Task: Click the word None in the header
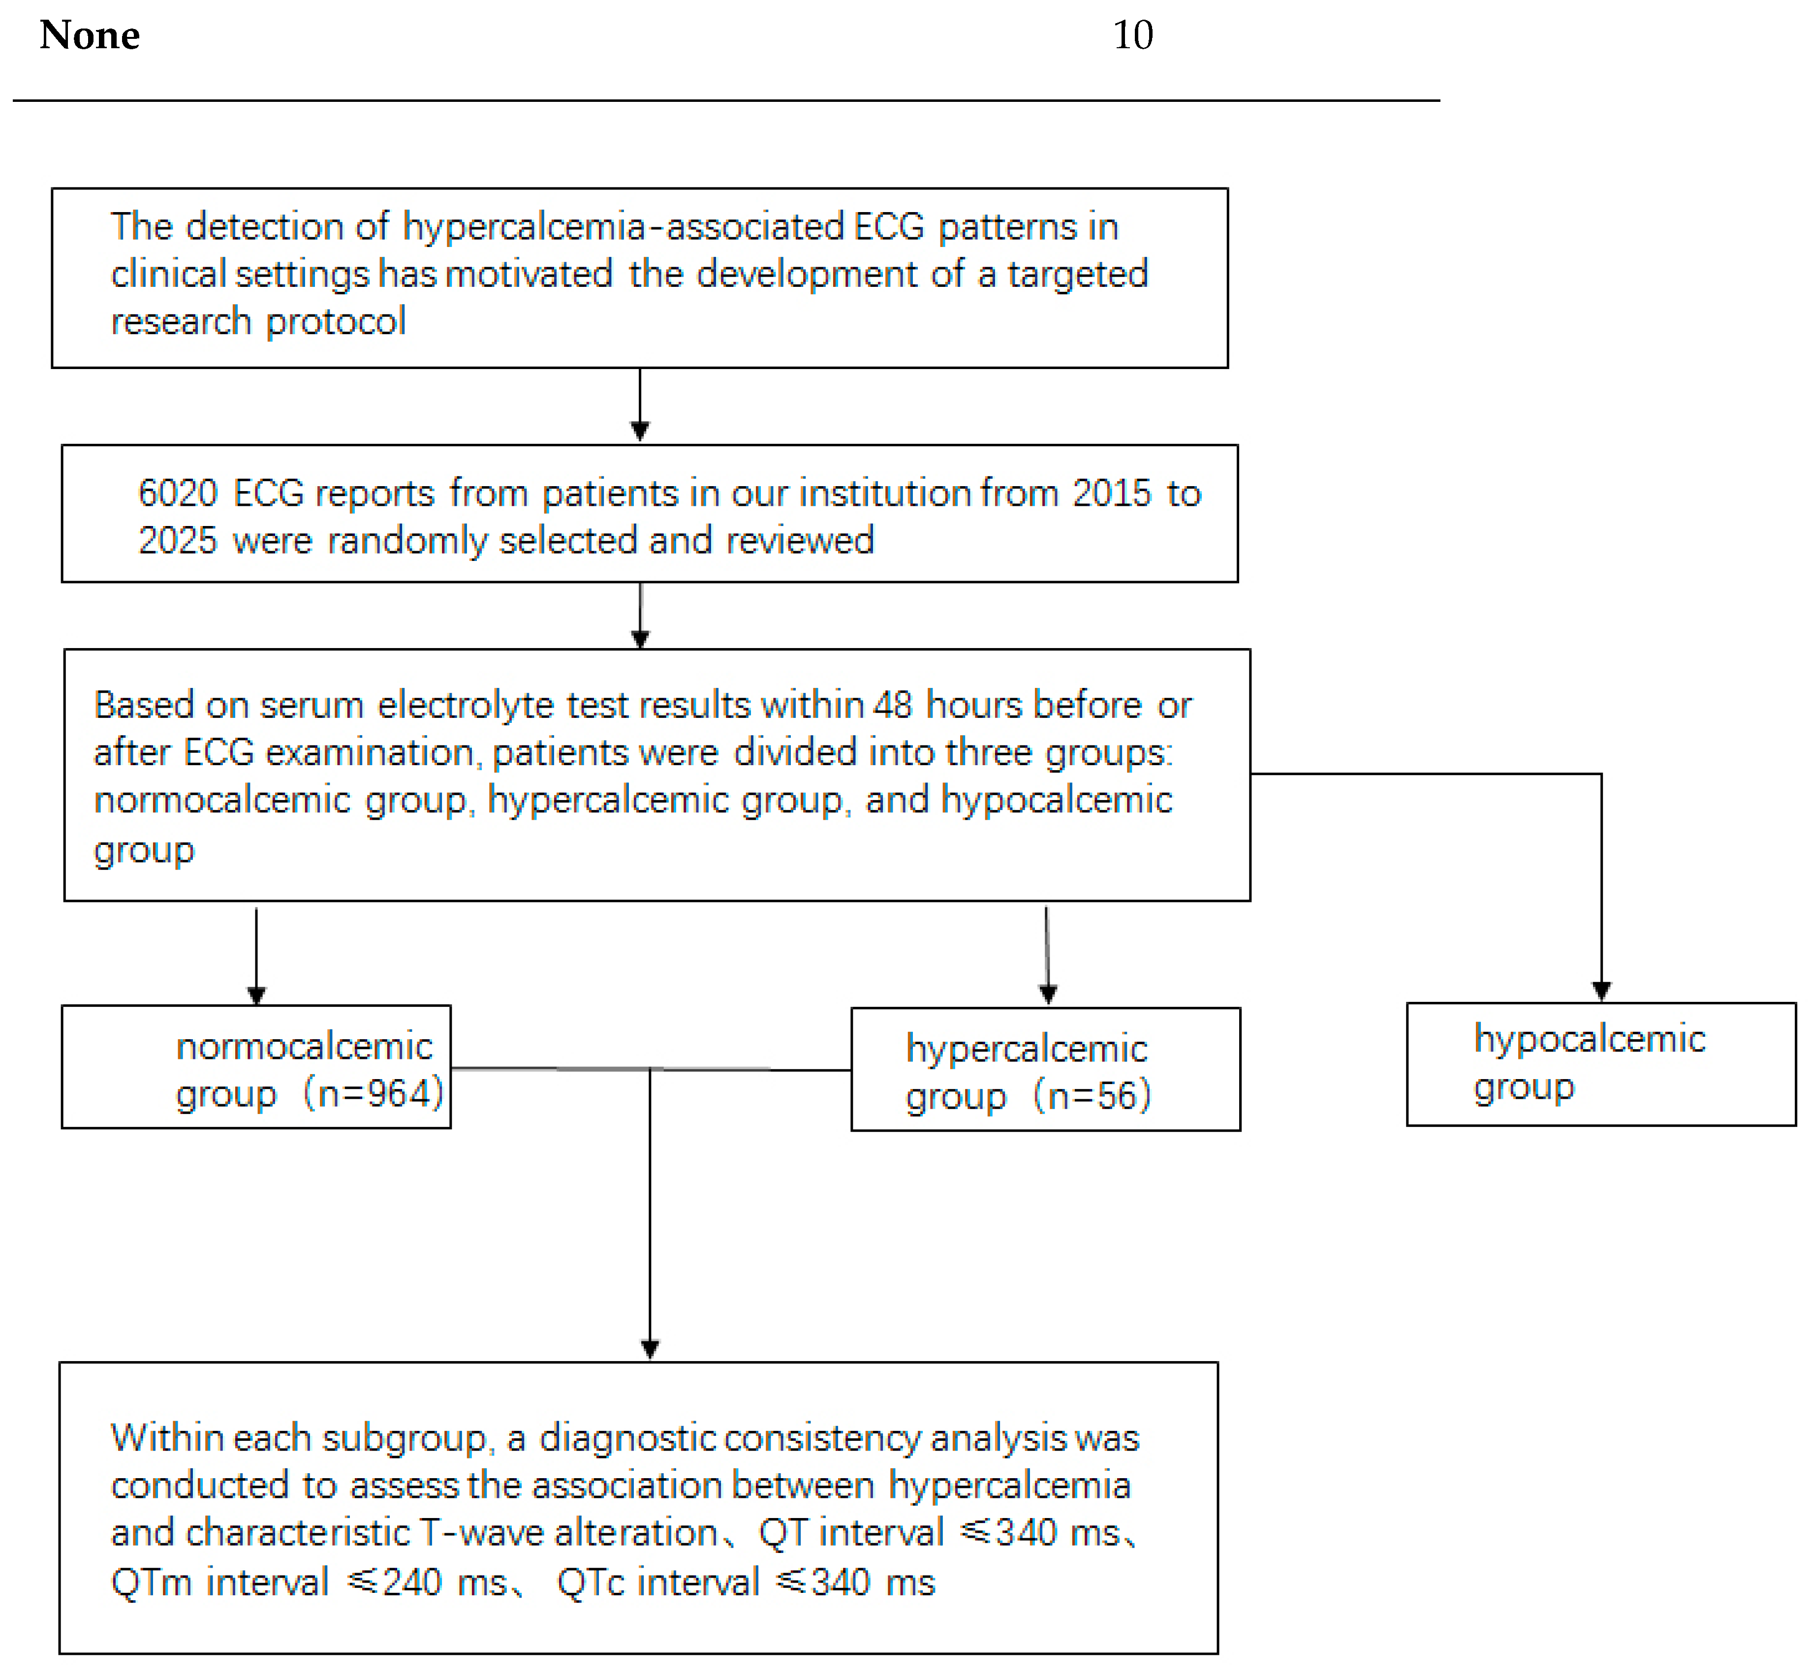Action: (x=90, y=35)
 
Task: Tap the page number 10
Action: (x=1132, y=35)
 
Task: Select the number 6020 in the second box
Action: (x=178, y=493)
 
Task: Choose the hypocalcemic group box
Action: (x=1601, y=1064)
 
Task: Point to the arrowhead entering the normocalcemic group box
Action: (x=256, y=995)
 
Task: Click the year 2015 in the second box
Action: (x=1111, y=493)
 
